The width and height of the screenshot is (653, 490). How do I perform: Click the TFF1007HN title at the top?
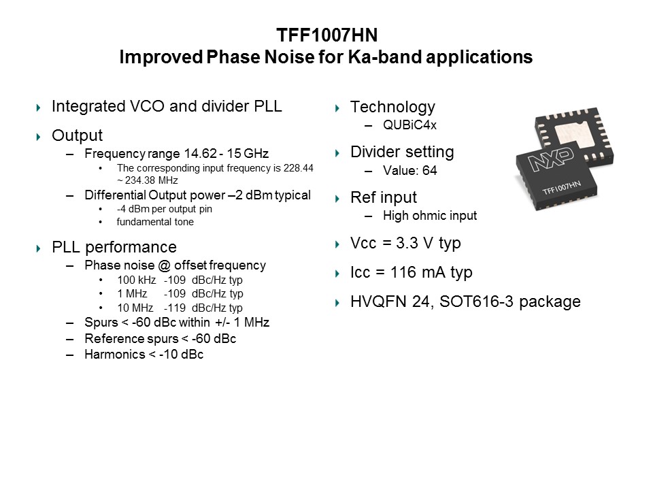(327, 35)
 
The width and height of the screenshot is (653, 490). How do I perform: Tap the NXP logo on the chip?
(550, 159)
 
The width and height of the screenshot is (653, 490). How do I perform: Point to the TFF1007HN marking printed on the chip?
(561, 188)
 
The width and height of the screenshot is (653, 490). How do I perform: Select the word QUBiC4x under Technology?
(409, 125)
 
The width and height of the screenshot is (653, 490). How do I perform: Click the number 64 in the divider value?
(430, 170)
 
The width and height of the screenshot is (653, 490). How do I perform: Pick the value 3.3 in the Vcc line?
(407, 242)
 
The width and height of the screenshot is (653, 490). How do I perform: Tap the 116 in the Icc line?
(403, 272)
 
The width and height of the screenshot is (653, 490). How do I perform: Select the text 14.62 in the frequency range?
(200, 153)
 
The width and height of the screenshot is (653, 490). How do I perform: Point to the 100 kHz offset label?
(137, 280)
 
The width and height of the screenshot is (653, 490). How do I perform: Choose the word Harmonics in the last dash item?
(114, 354)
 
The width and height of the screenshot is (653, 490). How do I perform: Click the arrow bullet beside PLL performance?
(39, 249)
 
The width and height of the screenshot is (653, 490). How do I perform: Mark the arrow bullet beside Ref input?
(337, 199)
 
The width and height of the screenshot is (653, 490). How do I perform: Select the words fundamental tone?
(155, 222)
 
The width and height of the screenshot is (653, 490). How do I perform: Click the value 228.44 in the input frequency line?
(298, 168)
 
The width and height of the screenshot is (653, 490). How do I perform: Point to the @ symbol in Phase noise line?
(164, 265)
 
